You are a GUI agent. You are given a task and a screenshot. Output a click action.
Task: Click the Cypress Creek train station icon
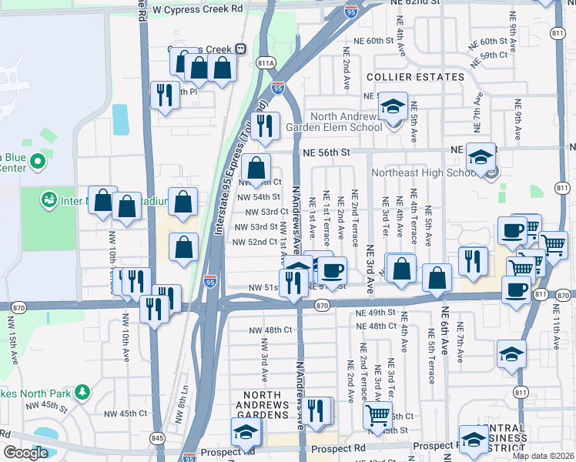[x=241, y=49]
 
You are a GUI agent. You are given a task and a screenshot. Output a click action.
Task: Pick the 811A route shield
[x=266, y=62]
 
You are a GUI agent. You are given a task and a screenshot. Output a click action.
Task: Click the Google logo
[x=26, y=453]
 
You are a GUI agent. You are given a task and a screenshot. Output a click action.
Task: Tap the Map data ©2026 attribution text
[x=544, y=456]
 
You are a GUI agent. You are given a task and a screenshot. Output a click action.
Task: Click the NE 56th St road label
[x=326, y=153]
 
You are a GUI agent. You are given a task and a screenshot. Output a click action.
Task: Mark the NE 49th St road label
[x=376, y=313]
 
